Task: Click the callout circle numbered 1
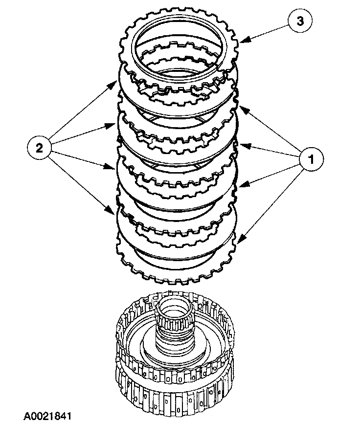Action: (309, 158)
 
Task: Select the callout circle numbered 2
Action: (40, 147)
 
